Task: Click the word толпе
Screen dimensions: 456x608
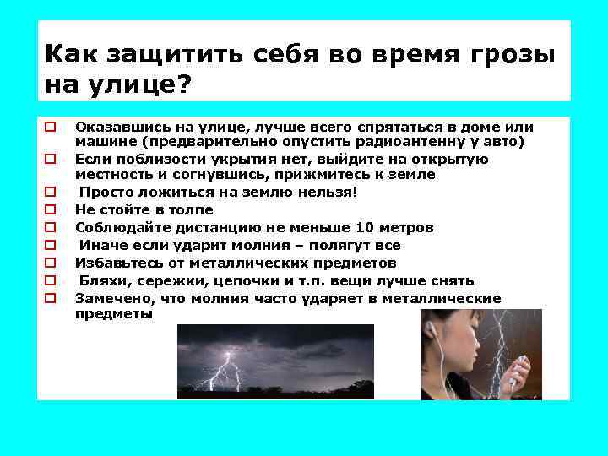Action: (190, 209)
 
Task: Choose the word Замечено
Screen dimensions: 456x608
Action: (109, 298)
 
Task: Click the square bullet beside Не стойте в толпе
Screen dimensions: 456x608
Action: (50, 209)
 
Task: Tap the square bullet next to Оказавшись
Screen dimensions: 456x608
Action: (50, 127)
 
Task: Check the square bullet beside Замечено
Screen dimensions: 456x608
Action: (50, 298)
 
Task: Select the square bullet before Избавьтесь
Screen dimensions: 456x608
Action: (50, 263)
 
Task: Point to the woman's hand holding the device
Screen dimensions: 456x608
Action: (512, 376)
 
